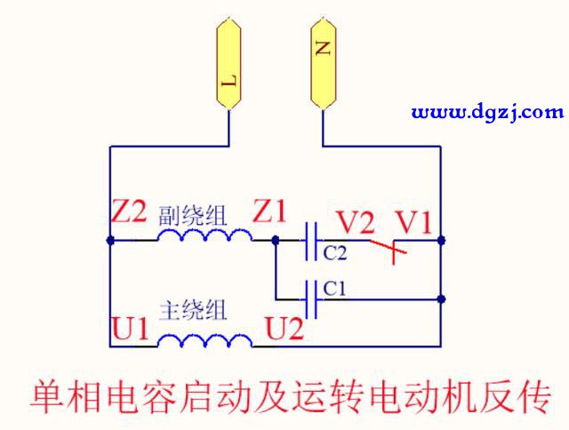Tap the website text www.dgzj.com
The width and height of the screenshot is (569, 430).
pos(488,112)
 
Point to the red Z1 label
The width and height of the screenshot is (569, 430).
pos(270,212)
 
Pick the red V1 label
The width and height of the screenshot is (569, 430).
pos(413,221)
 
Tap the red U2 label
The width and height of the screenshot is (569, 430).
pos(284,329)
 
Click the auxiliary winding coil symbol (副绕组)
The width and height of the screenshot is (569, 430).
pos(204,235)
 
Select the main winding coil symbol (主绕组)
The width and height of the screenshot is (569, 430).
pos(204,341)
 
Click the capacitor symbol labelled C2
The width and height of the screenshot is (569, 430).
pos(311,240)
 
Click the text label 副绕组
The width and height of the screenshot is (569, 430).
pos(192,214)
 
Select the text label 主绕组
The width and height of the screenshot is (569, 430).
pos(192,310)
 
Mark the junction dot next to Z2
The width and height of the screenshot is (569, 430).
pos(109,240)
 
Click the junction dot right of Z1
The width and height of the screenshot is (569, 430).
pos(276,240)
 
